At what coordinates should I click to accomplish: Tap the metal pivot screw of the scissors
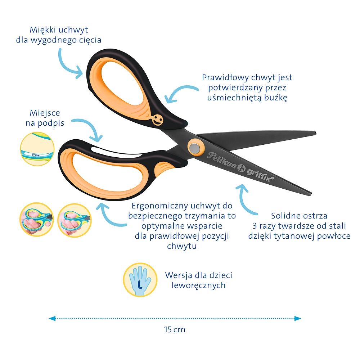point(195,147)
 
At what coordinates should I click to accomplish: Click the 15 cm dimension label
point(175,329)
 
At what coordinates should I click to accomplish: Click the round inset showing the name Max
point(37,149)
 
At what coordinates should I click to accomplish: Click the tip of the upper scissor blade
point(315,133)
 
